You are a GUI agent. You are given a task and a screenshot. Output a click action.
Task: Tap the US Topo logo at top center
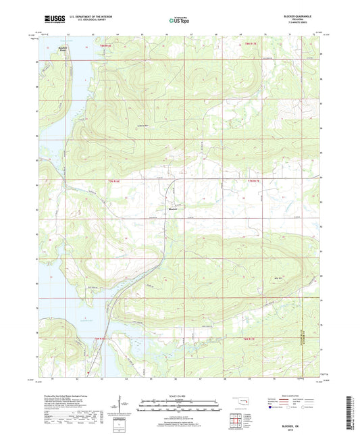point(179,21)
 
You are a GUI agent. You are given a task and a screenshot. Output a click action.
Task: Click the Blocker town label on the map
point(174,209)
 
